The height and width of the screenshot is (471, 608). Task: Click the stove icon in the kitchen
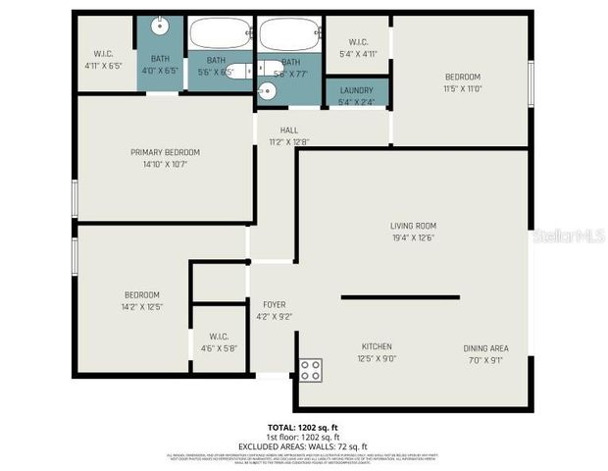pyautogui.click(x=310, y=370)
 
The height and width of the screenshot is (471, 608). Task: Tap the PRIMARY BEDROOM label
pyautogui.click(x=165, y=152)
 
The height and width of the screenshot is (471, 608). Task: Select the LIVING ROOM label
pyautogui.click(x=413, y=225)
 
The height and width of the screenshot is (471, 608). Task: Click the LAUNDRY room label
pyautogui.click(x=357, y=90)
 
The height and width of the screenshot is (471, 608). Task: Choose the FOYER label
pyautogui.click(x=274, y=305)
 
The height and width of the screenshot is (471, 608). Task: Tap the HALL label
pyautogui.click(x=288, y=131)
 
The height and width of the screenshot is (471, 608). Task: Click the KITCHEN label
pyautogui.click(x=378, y=346)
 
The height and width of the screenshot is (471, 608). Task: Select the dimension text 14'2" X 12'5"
pyautogui.click(x=141, y=307)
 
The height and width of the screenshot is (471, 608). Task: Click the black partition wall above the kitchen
pyautogui.click(x=400, y=295)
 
